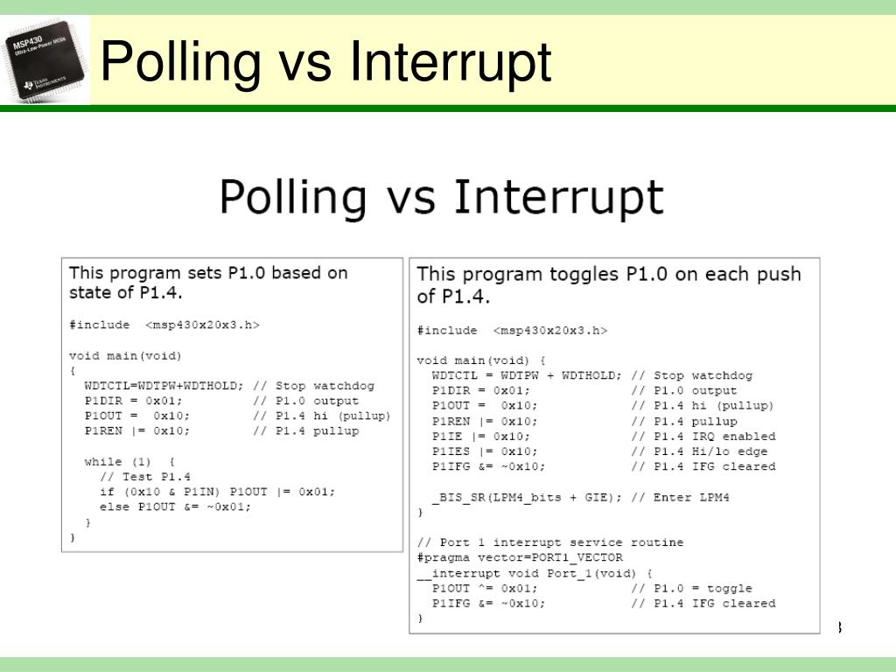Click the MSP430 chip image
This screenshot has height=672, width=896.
coord(45,64)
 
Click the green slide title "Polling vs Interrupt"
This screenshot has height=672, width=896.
coord(325,63)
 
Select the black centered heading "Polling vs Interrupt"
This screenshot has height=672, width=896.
coord(441,197)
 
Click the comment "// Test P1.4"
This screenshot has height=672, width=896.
coord(145,477)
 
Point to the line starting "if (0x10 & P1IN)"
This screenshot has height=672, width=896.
coord(217,492)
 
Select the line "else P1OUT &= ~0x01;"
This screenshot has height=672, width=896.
coord(175,507)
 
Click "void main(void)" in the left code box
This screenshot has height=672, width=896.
coord(125,356)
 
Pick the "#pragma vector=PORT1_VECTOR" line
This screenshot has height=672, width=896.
coord(520,557)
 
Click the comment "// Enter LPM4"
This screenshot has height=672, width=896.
coord(680,497)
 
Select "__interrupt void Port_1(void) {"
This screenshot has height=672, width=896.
coord(535,573)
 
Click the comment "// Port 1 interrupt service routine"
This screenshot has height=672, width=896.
coord(550,542)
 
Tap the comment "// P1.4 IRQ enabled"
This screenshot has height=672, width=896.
coord(703,437)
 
